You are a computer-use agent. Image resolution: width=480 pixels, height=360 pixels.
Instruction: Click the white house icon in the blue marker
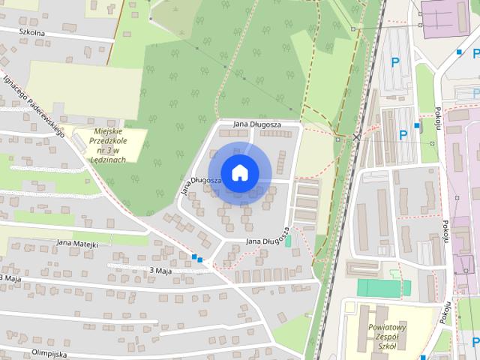coord(239,172)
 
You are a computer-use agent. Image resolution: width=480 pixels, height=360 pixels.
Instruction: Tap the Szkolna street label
coord(32,33)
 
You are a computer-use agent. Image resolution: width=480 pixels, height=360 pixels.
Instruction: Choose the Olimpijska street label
coord(49,352)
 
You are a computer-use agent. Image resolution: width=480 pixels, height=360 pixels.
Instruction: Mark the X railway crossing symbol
coord(358,137)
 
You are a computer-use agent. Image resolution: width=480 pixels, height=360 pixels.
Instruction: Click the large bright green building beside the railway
coord(383,287)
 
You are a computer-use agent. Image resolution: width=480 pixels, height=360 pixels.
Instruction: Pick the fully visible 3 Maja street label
coord(162,270)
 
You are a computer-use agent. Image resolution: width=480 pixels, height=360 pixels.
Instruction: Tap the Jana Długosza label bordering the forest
coord(256,124)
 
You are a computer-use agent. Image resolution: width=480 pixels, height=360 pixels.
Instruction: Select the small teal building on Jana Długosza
coord(288,241)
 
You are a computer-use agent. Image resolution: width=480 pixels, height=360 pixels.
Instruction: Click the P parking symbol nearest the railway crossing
coord(403,135)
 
